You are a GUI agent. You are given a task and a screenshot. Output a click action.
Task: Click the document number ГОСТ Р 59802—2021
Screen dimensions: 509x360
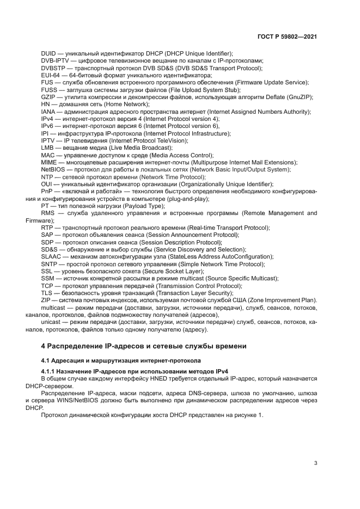pyautogui.click(x=287, y=36)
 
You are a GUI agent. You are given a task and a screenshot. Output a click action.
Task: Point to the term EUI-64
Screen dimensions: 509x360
pyautogui.click(x=51, y=75)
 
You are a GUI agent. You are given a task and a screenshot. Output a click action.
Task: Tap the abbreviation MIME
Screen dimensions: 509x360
pyautogui.click(x=49, y=162)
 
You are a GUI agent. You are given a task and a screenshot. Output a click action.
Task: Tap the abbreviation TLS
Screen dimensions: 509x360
pyautogui.click(x=47, y=293)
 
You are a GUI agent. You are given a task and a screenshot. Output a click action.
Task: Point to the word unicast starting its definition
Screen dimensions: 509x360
pyautogui.click(x=52, y=322)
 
